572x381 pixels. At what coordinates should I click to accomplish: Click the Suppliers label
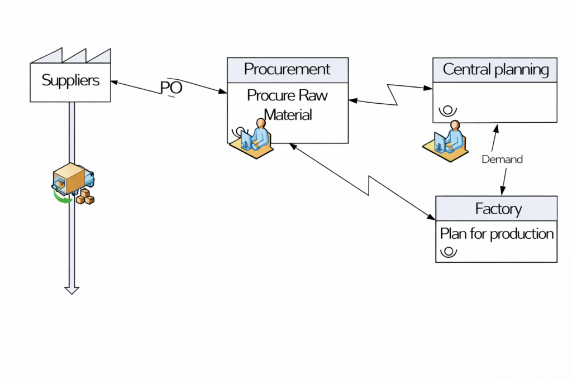(70, 80)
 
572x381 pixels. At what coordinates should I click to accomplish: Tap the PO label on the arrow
(171, 88)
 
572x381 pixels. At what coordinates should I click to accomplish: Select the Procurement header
(287, 70)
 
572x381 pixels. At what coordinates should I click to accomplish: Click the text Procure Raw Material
(287, 104)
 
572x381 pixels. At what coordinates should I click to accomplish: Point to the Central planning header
(495, 70)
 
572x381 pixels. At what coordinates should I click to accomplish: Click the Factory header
(497, 209)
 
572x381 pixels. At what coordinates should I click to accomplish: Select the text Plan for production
(497, 233)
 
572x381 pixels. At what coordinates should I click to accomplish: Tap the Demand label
(502, 160)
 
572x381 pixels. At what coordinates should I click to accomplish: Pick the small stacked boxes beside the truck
(85, 197)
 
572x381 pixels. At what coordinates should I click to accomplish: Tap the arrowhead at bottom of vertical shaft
(71, 289)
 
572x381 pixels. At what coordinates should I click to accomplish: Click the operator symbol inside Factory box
(449, 252)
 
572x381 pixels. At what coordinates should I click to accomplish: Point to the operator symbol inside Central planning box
(447, 110)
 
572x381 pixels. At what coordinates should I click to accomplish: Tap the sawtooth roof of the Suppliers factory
(70, 56)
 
